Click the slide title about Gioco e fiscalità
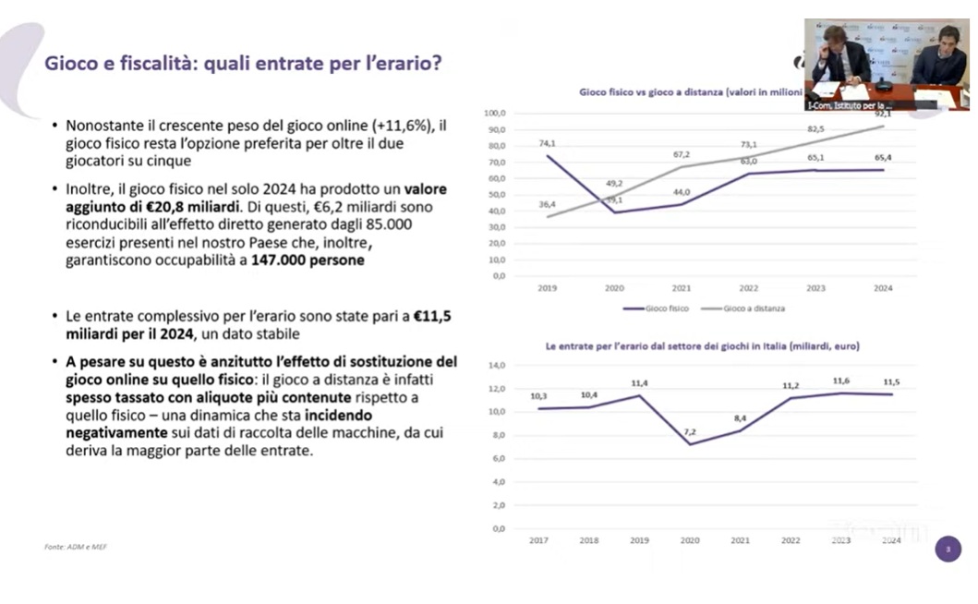(243, 64)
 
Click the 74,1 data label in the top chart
(548, 143)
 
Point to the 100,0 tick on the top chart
(495, 113)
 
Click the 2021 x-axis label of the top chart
(682, 288)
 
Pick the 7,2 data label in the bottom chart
(690, 432)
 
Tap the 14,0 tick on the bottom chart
(497, 366)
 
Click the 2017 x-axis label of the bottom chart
(538, 539)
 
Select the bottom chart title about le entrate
(702, 346)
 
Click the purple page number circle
(948, 550)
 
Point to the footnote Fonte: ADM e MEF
(76, 547)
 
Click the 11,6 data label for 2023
(841, 381)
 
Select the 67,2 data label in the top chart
(682, 154)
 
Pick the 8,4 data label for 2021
(741, 418)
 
